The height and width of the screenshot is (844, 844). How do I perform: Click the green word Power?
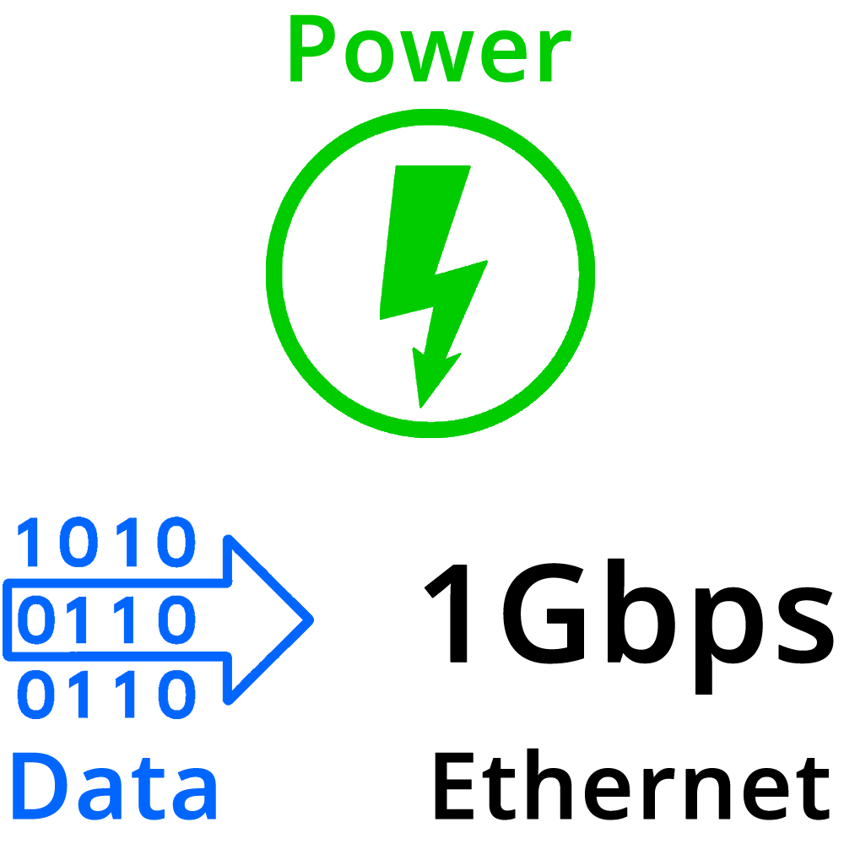pyautogui.click(x=429, y=51)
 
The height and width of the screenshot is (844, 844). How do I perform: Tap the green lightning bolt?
pyautogui.click(x=430, y=270)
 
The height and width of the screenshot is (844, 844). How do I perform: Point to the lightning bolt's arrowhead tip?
pyautogui.click(x=420, y=405)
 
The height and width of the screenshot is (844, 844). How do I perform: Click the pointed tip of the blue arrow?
pyautogui.click(x=311, y=619)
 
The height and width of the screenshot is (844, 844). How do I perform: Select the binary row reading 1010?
pyautogui.click(x=106, y=544)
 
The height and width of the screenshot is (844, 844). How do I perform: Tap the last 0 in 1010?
pyautogui.click(x=176, y=544)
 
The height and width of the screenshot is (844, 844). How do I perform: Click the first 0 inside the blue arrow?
pyautogui.click(x=37, y=620)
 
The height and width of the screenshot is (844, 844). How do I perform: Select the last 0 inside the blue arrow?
pyautogui.click(x=176, y=620)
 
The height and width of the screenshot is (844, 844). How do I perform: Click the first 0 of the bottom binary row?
pyautogui.click(x=37, y=695)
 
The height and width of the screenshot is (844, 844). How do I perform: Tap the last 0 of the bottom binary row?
pyautogui.click(x=176, y=695)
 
